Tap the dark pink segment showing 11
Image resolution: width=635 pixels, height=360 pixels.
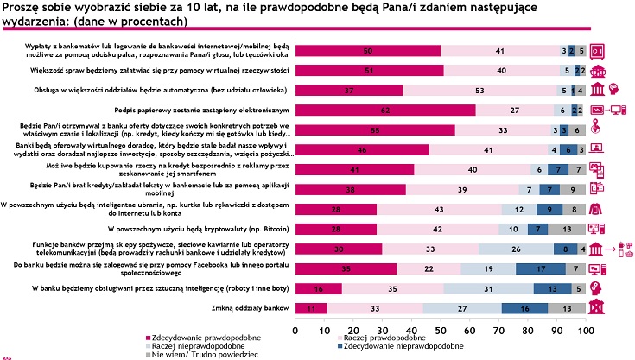click(311, 307)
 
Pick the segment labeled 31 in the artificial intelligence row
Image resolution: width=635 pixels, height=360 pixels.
click(488, 288)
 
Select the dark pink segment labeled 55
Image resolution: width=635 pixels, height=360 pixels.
click(375, 129)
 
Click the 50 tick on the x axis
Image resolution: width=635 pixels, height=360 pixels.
click(441, 330)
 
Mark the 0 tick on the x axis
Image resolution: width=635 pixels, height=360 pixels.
click(296, 330)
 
